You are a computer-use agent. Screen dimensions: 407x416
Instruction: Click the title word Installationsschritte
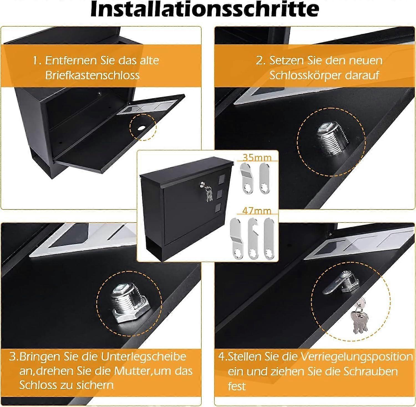[205, 9]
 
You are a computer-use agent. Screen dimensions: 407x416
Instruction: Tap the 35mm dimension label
[257, 157]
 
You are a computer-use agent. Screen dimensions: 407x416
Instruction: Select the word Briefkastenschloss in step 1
[92, 75]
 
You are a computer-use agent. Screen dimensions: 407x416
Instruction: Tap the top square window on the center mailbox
[222, 180]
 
